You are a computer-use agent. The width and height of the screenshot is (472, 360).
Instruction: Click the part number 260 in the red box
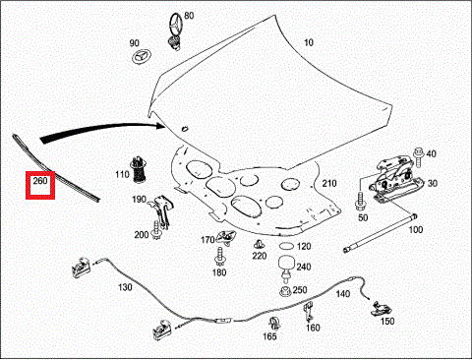(x=40, y=181)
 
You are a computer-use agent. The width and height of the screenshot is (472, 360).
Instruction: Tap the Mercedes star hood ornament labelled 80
(x=176, y=30)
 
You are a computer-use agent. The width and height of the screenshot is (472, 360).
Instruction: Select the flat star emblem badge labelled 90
(x=140, y=57)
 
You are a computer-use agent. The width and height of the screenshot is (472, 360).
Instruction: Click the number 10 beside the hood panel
(x=309, y=42)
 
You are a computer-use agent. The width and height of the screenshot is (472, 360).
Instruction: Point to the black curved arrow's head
(x=160, y=125)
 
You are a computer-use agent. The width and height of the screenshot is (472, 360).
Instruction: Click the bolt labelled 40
(x=419, y=156)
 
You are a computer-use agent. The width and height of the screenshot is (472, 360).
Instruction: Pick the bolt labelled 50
(x=360, y=201)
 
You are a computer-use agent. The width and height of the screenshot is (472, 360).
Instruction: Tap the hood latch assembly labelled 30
(x=396, y=180)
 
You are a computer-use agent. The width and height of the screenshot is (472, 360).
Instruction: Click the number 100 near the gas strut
(x=415, y=229)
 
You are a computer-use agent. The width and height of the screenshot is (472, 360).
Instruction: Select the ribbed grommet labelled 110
(x=139, y=169)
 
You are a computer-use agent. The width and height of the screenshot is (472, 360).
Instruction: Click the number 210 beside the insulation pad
(x=329, y=183)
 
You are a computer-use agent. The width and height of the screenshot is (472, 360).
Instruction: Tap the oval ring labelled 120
(x=286, y=246)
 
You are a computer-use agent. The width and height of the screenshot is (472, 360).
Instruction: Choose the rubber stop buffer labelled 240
(x=286, y=269)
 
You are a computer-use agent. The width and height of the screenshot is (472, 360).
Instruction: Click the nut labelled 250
(x=285, y=291)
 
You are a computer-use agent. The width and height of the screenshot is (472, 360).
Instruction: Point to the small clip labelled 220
(x=260, y=244)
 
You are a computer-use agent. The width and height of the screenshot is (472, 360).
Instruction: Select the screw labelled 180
(x=219, y=257)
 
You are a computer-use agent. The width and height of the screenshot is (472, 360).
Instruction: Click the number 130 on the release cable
(x=125, y=287)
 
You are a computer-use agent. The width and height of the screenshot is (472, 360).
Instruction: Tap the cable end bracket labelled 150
(x=381, y=309)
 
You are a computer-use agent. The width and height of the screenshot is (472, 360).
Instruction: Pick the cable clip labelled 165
(x=274, y=324)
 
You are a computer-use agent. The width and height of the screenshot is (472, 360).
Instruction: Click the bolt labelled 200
(x=156, y=230)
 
